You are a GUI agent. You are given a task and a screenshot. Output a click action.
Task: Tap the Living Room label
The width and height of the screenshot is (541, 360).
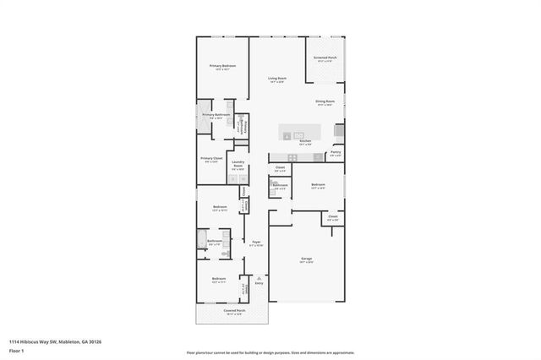(x=276, y=79)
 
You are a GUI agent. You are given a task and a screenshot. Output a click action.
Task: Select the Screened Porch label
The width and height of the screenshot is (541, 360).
(x=325, y=58)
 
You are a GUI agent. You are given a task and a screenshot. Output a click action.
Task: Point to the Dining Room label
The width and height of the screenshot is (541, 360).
(x=325, y=101)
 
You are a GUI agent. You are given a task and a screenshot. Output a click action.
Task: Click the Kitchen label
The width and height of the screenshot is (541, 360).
(x=306, y=141)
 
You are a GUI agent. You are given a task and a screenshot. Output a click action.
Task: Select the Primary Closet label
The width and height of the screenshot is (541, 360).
(x=211, y=159)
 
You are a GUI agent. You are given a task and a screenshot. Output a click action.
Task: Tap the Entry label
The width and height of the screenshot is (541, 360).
(x=259, y=282)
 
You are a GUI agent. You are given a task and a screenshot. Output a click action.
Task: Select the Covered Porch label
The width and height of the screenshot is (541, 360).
(x=234, y=311)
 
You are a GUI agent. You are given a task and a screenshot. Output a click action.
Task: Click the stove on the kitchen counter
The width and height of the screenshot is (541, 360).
(x=293, y=157)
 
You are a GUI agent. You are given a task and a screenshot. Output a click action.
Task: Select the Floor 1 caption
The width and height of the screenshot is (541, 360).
(x=16, y=350)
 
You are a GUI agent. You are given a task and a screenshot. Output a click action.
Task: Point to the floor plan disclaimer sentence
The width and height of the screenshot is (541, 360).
(x=270, y=351)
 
